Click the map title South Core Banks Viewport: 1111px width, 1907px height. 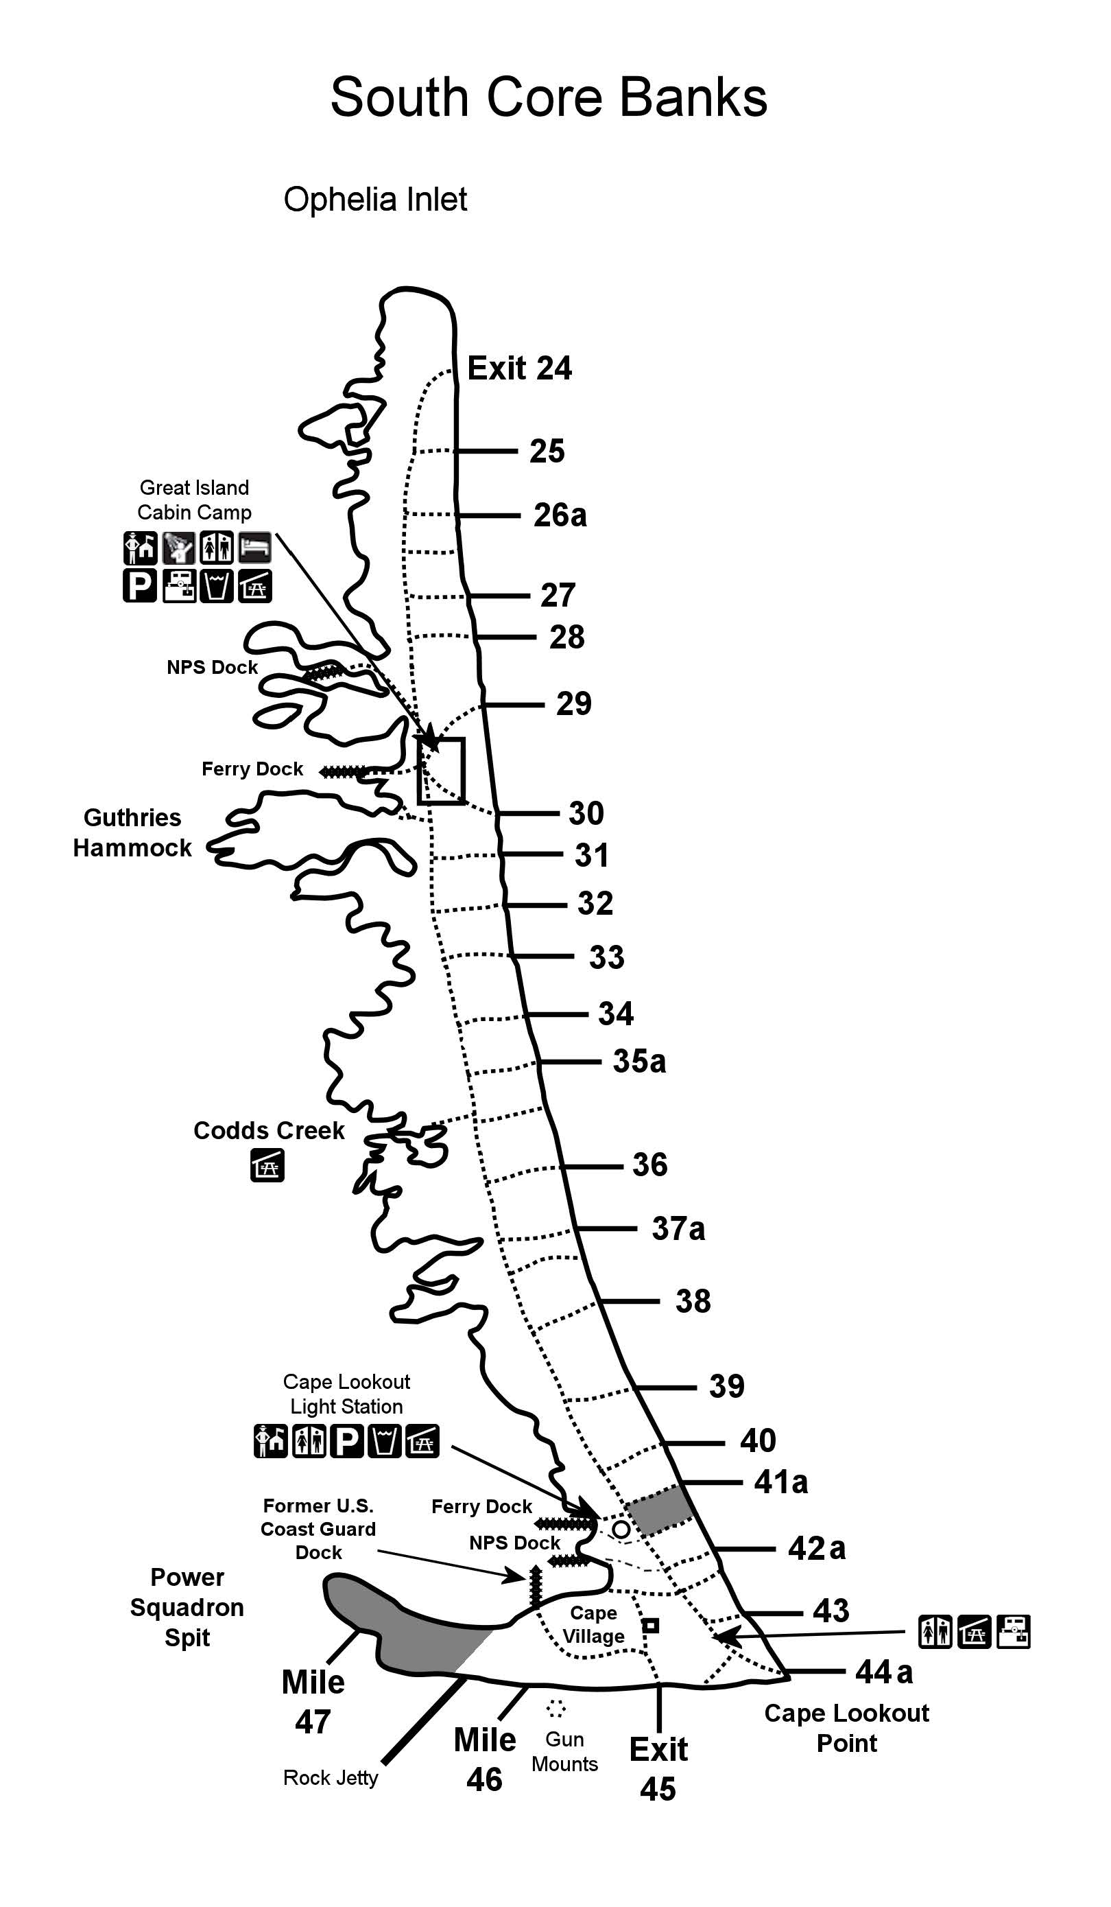(x=549, y=97)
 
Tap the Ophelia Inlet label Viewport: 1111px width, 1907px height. (x=375, y=200)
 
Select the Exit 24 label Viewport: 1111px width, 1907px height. (x=520, y=368)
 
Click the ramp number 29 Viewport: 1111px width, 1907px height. (x=573, y=704)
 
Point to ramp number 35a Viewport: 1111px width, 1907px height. (x=639, y=1062)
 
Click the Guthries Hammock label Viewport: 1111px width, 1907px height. (x=132, y=832)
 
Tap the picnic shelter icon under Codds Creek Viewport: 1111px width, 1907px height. (x=267, y=1165)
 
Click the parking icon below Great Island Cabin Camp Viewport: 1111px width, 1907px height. (x=140, y=586)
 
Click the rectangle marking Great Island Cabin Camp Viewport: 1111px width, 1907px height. (x=441, y=771)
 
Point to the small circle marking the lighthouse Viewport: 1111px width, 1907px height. (x=621, y=1530)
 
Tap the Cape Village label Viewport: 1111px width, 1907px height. (x=594, y=1625)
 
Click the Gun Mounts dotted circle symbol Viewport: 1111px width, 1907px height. (x=556, y=1708)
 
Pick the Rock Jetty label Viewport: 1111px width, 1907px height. (x=331, y=1777)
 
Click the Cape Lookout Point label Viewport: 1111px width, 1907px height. (x=846, y=1729)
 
